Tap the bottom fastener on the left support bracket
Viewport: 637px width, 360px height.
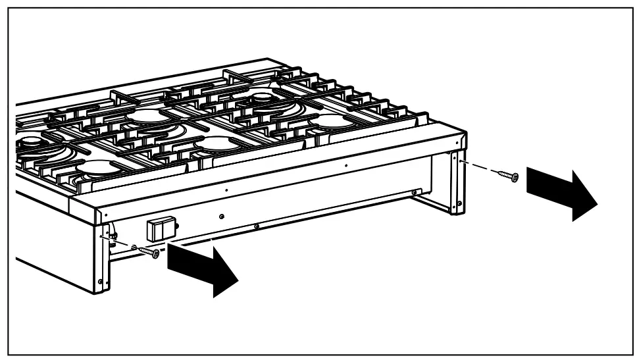100,282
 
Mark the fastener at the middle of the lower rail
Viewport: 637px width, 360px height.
256,227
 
